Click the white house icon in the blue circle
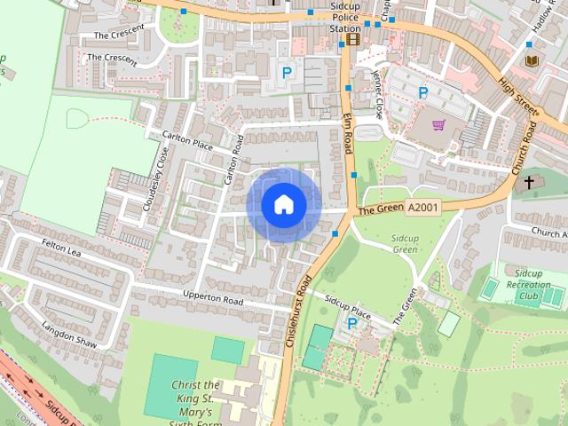tap(284, 204)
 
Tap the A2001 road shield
tap(422, 207)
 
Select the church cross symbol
tap(529, 183)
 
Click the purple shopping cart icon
tap(438, 125)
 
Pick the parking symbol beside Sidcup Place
tap(351, 325)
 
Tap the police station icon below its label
tap(353, 39)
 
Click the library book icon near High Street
tap(532, 60)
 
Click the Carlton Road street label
tap(234, 160)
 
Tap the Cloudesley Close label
tap(155, 180)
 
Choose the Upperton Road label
tap(213, 298)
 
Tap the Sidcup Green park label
tap(405, 244)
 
